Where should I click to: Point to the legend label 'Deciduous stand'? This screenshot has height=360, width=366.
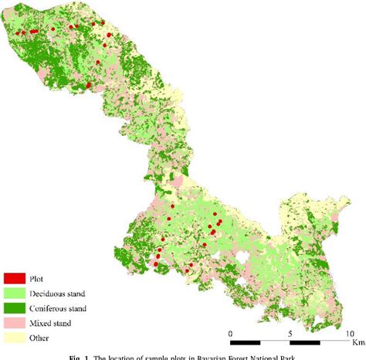[x=58, y=293]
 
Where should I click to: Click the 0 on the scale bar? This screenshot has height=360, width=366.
[x=231, y=333]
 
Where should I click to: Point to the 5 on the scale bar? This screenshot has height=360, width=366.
[x=289, y=333]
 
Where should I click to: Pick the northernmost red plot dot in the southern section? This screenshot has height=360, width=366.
[x=219, y=221]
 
